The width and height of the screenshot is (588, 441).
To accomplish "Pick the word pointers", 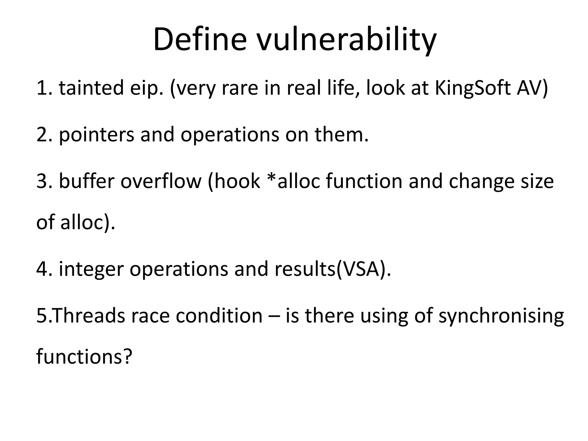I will coord(96,135).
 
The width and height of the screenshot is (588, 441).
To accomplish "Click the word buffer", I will coord(86,181).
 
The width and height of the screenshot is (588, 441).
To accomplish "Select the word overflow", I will coord(161,181).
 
